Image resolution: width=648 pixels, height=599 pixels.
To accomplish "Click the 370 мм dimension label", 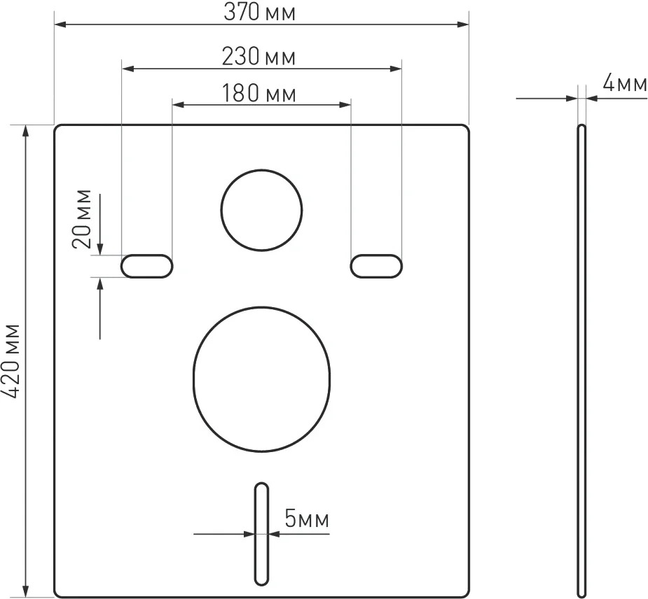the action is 259,13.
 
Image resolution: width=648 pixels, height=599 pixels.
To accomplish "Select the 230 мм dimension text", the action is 258,57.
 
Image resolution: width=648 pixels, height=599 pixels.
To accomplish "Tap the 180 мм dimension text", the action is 259,93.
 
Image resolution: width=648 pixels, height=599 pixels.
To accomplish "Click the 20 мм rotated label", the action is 81,219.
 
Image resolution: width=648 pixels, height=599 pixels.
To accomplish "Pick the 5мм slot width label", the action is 307,519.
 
